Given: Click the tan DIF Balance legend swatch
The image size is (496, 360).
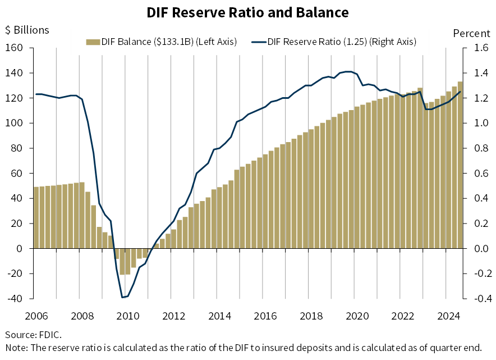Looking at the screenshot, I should point(93,42).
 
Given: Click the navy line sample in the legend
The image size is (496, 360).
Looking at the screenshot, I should point(259,42).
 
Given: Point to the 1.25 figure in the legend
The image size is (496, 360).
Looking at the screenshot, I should point(353,42).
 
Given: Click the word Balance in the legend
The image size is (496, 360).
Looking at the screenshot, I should point(134,42).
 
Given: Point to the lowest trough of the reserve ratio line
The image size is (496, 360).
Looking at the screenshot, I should point(123,297).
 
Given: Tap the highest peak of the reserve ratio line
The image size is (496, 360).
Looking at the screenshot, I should point(347,71).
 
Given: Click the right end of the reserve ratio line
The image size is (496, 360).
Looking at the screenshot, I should point(461,92).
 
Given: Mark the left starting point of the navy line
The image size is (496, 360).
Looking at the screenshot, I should point(36,94).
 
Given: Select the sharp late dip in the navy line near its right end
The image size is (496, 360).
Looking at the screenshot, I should point(427,109).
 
